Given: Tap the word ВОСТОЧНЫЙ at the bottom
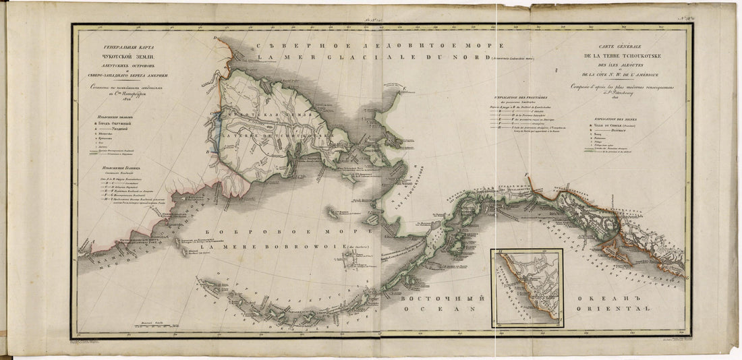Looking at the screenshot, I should pos(440,297).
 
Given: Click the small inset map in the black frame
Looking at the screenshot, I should pos(527,285).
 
